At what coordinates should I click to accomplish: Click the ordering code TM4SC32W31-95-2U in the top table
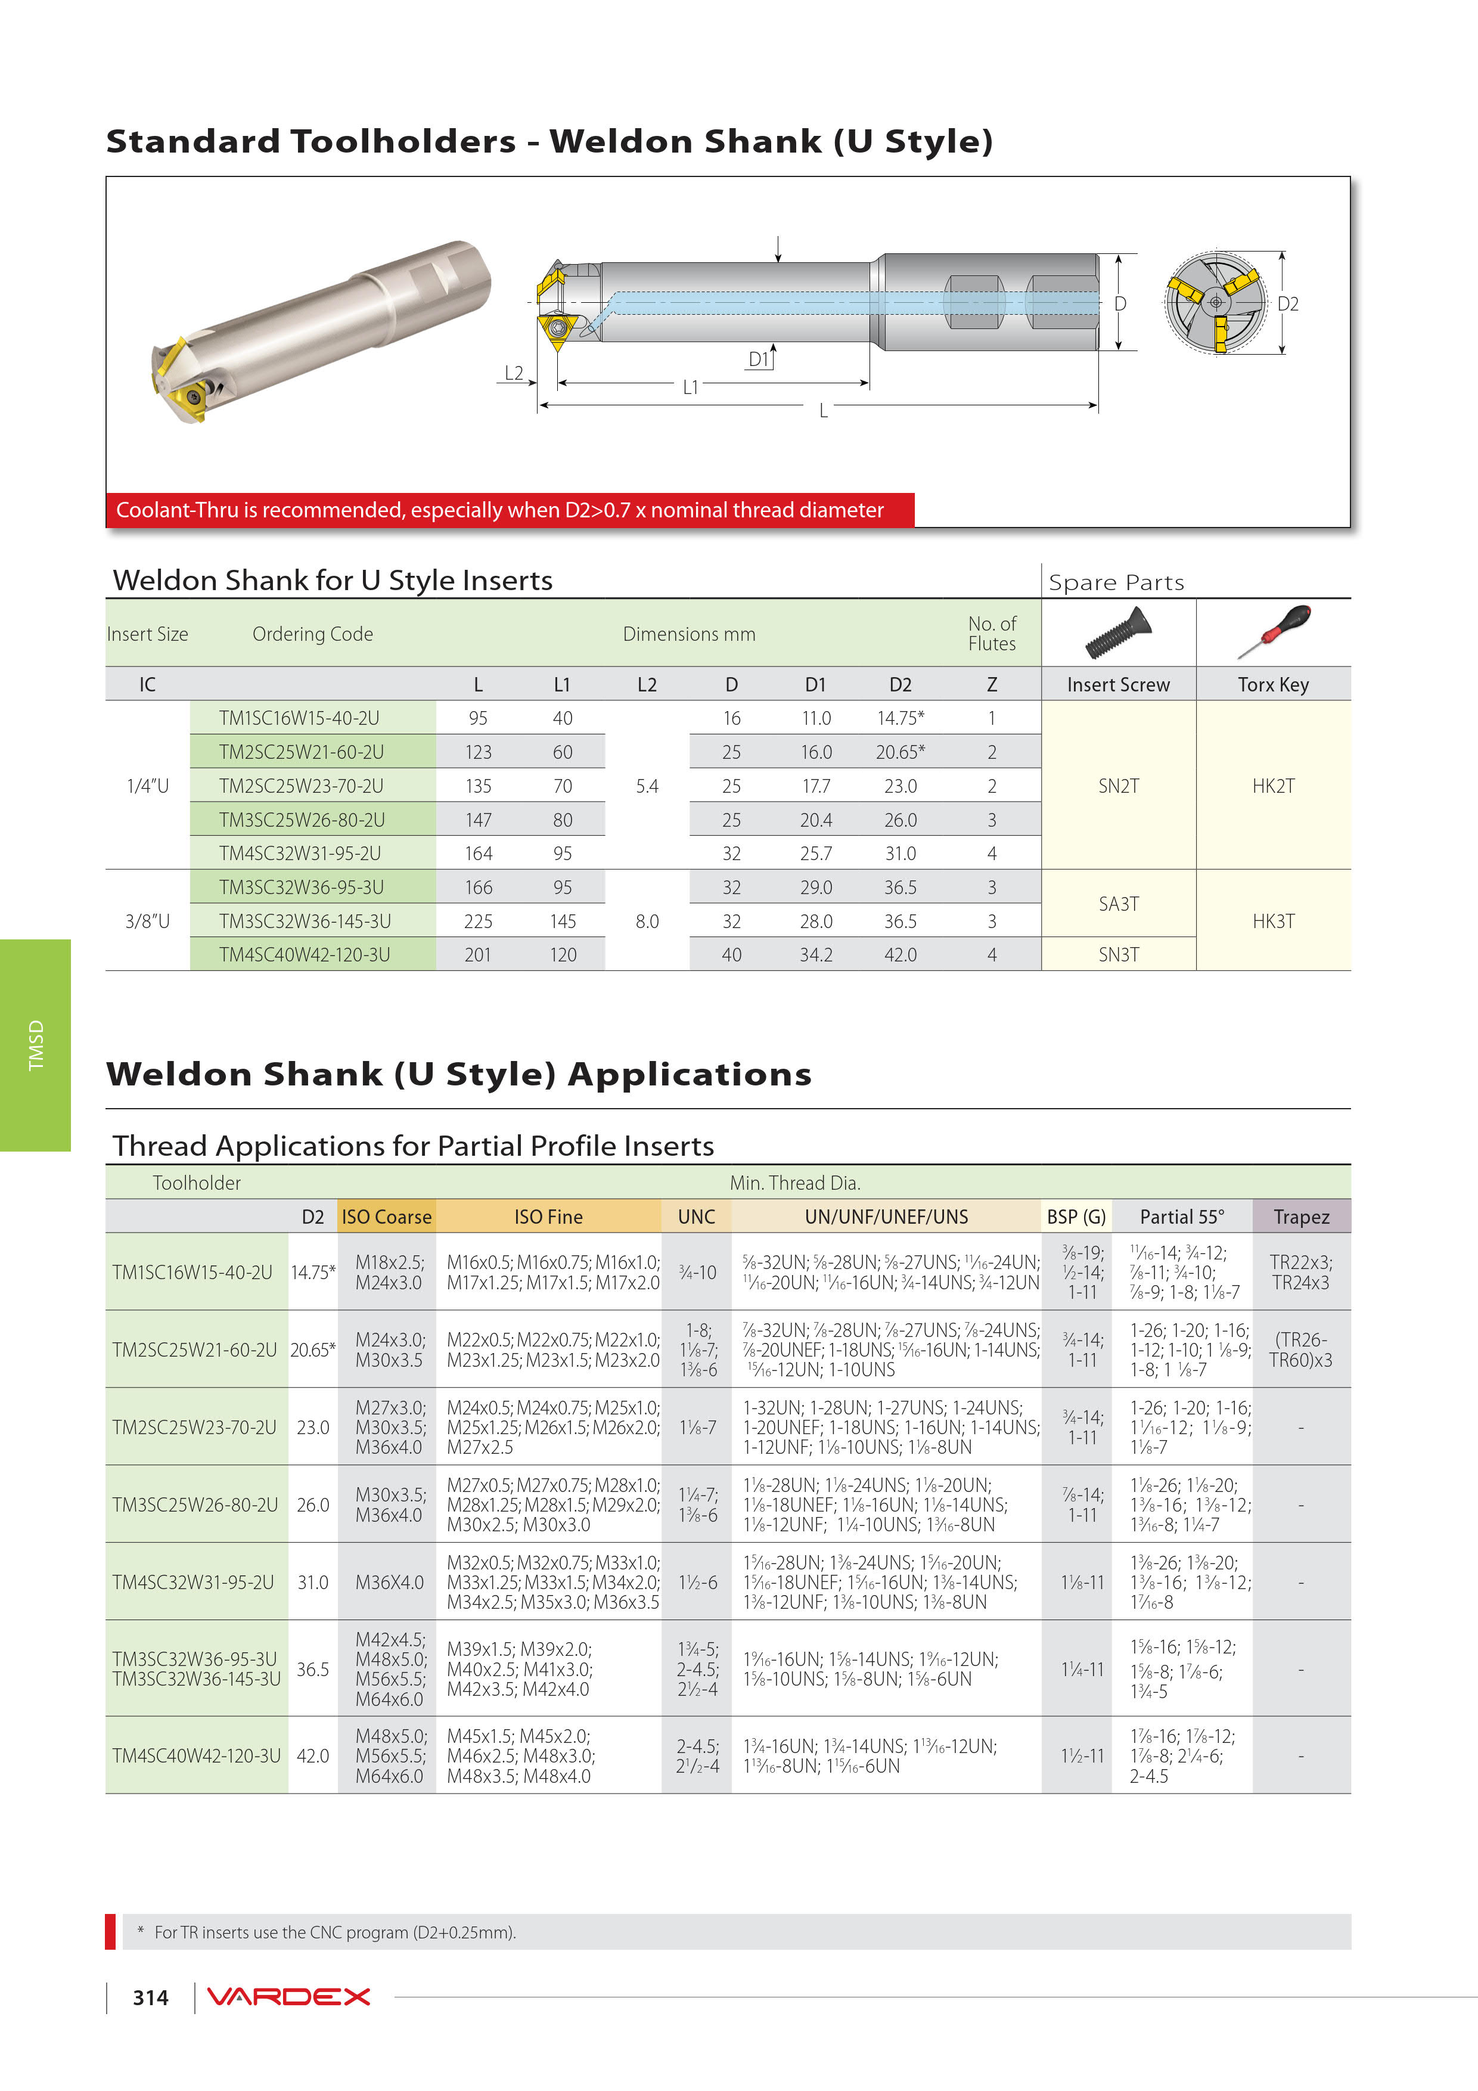click(x=300, y=854)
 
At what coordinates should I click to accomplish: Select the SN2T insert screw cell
click(x=1118, y=786)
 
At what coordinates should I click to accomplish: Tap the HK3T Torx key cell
click(x=1273, y=921)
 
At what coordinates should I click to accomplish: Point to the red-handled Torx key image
click(x=1273, y=631)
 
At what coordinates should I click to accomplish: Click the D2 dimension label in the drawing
click(x=1288, y=304)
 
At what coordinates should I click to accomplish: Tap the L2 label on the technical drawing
click(x=514, y=373)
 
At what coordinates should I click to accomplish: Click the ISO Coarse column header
click(x=386, y=1217)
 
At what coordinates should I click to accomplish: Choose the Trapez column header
click(x=1302, y=1217)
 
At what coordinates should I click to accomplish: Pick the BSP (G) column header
click(x=1076, y=1217)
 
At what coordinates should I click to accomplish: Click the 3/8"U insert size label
click(x=148, y=921)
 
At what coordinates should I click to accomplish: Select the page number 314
click(x=150, y=1997)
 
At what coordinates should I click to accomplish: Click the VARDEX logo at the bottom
click(x=288, y=1996)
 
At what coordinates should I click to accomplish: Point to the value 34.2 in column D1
click(x=816, y=954)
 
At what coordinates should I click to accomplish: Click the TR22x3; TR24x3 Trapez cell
click(x=1302, y=1272)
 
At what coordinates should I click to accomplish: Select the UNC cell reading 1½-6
click(x=697, y=1583)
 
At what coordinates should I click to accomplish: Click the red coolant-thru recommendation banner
click(x=510, y=510)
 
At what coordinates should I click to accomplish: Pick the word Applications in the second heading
click(x=690, y=1075)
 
